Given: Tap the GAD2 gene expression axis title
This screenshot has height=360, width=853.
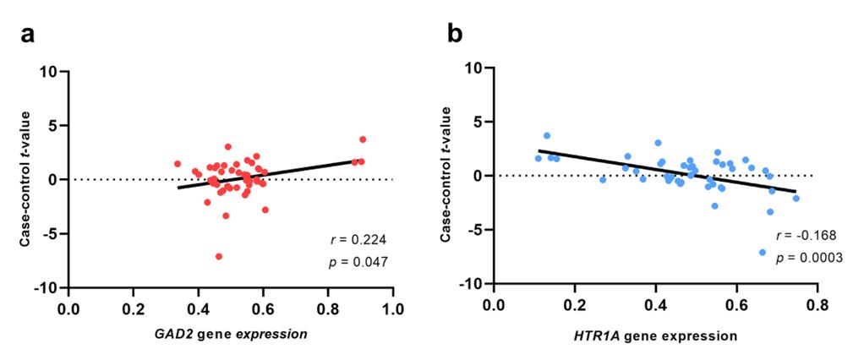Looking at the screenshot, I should click(x=230, y=334).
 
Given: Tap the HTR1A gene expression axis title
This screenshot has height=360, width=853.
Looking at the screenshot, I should click(x=653, y=336).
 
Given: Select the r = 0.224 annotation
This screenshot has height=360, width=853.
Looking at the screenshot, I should click(x=358, y=239).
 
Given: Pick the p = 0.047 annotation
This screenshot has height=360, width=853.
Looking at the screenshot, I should click(x=358, y=263).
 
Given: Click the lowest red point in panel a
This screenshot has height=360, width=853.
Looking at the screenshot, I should click(x=219, y=256).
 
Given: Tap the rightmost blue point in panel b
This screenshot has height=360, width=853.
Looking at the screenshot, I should click(x=796, y=199).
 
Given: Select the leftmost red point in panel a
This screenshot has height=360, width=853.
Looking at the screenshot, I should click(x=178, y=164).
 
